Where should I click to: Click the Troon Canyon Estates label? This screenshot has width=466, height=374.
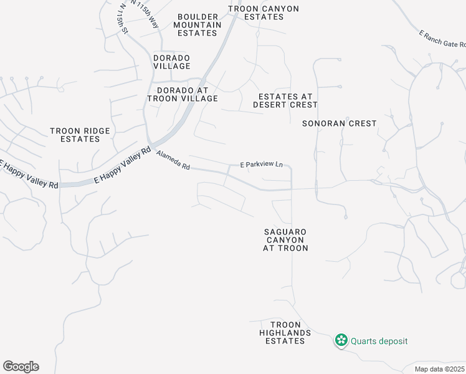(x=264, y=12)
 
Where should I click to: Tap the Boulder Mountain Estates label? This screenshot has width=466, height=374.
(x=197, y=25)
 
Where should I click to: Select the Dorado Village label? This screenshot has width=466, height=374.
(x=172, y=62)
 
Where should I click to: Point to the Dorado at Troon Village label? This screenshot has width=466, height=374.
(x=183, y=94)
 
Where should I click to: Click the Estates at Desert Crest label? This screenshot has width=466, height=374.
(x=285, y=100)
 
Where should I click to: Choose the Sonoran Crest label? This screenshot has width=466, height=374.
(x=340, y=123)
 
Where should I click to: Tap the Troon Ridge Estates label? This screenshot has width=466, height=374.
(x=80, y=135)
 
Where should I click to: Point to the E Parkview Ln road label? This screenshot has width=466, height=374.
(x=262, y=165)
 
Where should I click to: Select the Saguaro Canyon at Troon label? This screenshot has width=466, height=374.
(x=285, y=240)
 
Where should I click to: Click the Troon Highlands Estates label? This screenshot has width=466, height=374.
(x=285, y=333)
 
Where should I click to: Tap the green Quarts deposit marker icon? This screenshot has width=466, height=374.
(x=341, y=341)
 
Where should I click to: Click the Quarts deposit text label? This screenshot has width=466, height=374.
(x=379, y=341)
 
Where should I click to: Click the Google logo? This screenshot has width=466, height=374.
(x=21, y=367)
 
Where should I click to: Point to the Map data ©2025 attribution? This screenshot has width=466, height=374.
(x=439, y=369)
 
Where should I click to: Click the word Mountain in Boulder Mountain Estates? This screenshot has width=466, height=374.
(x=197, y=25)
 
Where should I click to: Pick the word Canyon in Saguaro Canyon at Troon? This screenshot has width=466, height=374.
(x=285, y=240)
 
